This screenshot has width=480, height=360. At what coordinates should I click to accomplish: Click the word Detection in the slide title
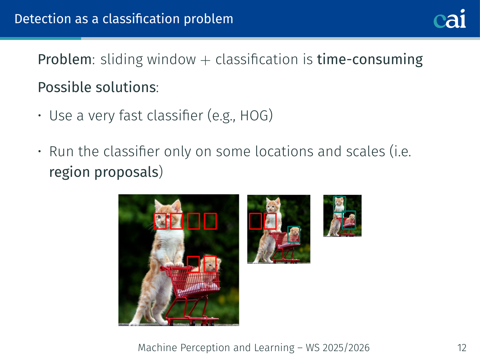(x=43, y=19)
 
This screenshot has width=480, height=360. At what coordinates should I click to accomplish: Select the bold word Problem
(x=65, y=59)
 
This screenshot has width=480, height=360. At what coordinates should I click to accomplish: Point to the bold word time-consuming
(x=370, y=59)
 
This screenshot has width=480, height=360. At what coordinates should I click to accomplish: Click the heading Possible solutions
(x=97, y=87)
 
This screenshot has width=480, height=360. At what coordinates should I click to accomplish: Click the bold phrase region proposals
(x=104, y=172)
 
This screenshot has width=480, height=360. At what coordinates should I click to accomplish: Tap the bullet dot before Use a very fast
(x=40, y=116)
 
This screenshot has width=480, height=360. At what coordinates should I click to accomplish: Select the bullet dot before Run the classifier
(x=40, y=151)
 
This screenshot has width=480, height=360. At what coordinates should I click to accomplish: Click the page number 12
(x=462, y=348)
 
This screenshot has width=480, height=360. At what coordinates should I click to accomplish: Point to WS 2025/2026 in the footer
(x=337, y=348)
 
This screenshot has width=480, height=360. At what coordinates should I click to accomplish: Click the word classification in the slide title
(x=141, y=19)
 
